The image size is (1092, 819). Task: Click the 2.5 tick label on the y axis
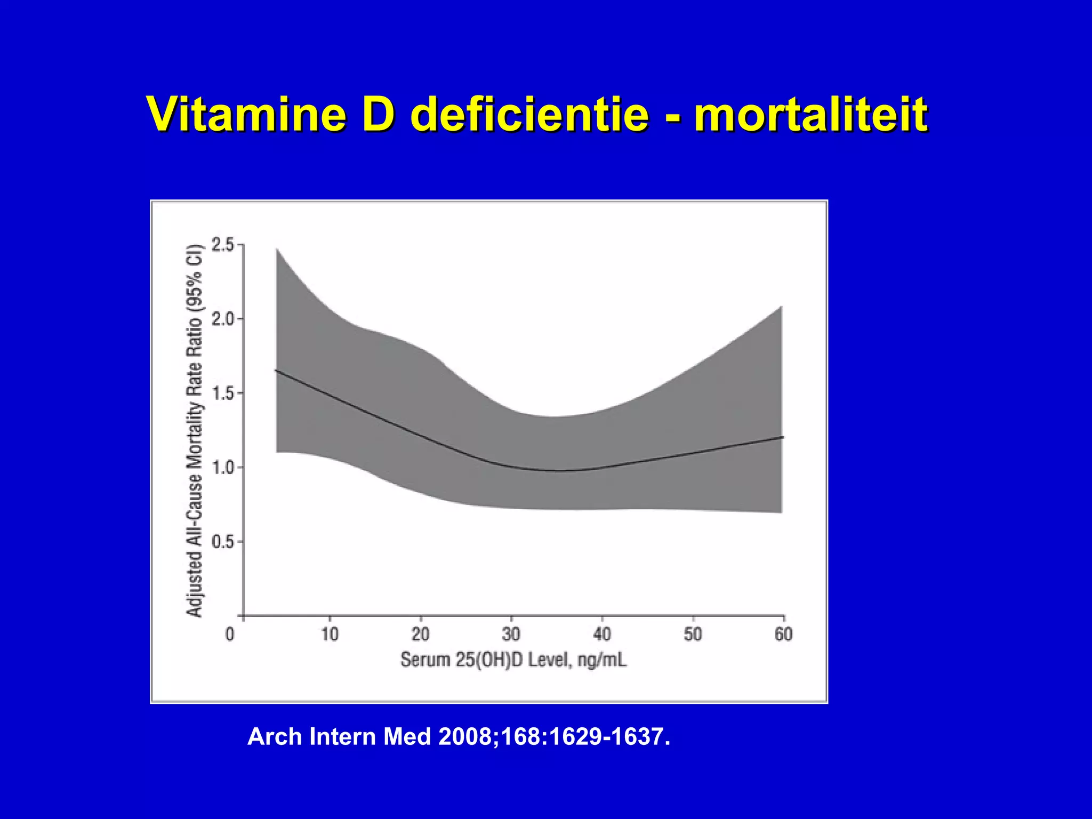click(x=223, y=245)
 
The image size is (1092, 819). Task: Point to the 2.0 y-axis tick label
click(x=223, y=319)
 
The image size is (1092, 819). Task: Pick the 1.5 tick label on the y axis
click(x=223, y=394)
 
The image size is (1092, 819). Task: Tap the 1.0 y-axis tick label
click(x=223, y=468)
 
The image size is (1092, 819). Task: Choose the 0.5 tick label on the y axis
click(x=223, y=542)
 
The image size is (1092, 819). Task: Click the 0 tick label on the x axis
click(x=230, y=634)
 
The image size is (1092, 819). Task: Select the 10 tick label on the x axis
click(x=330, y=634)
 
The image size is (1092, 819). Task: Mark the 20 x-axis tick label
click(x=421, y=634)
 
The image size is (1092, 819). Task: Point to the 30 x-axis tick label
click(x=511, y=634)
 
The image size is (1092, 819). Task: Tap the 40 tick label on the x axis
click(x=602, y=634)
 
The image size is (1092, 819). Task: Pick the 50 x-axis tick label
click(x=693, y=634)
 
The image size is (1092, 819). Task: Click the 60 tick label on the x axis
click(x=783, y=634)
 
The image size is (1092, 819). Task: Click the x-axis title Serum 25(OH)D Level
click(x=513, y=660)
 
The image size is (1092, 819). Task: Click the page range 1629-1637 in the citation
click(x=609, y=737)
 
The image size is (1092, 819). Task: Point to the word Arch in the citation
click(x=275, y=737)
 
